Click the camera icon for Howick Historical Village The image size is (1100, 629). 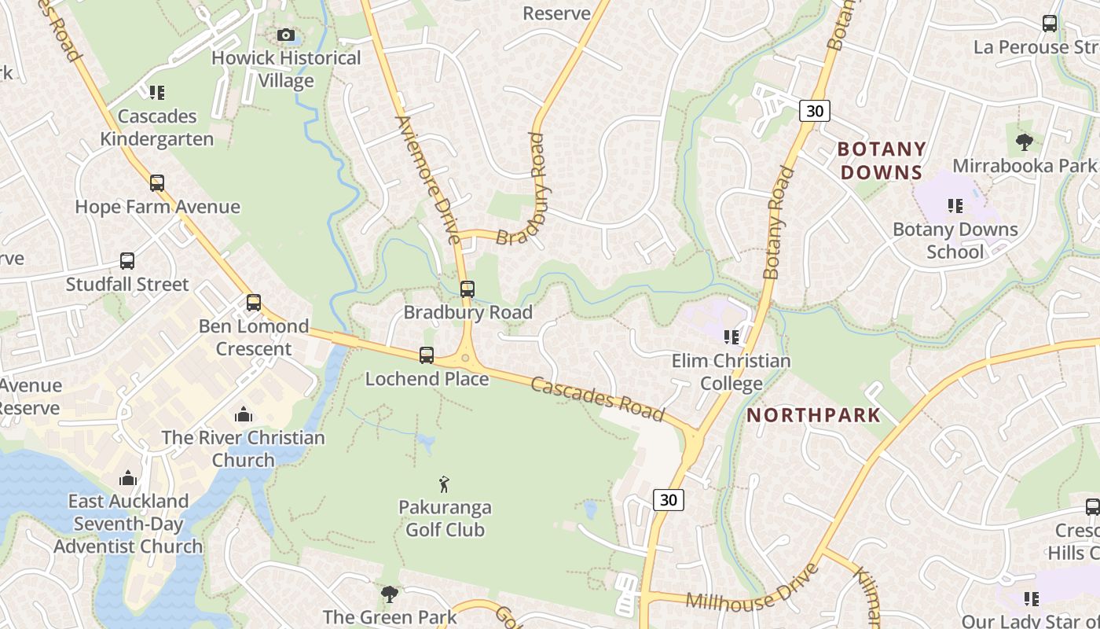coord(286,35)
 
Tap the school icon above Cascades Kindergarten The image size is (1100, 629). coord(157,93)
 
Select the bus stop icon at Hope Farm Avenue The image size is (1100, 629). coord(157,183)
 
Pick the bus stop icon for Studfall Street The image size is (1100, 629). coord(127,261)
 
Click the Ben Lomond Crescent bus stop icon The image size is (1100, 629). coord(253,303)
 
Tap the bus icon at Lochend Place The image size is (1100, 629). coord(426,355)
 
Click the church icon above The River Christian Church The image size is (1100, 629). coord(244,414)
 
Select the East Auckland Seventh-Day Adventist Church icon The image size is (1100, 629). coord(128,478)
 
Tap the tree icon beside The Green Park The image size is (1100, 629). coord(389,594)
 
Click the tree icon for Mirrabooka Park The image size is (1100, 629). coord(1024,142)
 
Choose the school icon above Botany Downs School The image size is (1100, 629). coord(955,206)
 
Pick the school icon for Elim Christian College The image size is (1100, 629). coord(731,337)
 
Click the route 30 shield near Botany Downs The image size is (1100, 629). coord(815,111)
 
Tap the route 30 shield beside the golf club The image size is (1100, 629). coord(668,500)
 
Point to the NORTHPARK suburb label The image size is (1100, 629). coord(813,415)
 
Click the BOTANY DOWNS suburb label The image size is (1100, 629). coord(881,160)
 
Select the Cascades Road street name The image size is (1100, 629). coord(597,399)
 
